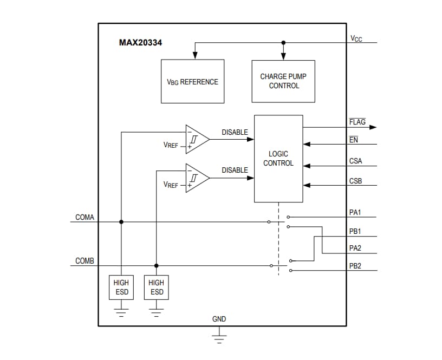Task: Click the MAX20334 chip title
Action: pyautogui.click(x=140, y=42)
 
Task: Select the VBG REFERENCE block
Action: pyautogui.click(x=192, y=82)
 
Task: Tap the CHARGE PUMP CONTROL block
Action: pyautogui.click(x=283, y=81)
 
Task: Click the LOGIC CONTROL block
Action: pyautogui.click(x=278, y=159)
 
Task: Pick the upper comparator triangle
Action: pyautogui.click(x=197, y=139)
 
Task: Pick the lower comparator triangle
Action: pyautogui.click(x=197, y=178)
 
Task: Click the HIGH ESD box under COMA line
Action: pyautogui.click(x=121, y=287)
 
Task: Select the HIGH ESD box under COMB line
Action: pyautogui.click(x=156, y=287)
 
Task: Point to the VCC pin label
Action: pyautogui.click(x=356, y=38)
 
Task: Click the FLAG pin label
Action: pyautogui.click(x=357, y=122)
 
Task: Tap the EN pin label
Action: pyautogui.click(x=354, y=140)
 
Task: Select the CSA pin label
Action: pyautogui.click(x=356, y=161)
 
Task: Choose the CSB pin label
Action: pyautogui.click(x=356, y=181)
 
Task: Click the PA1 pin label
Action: pyautogui.click(x=355, y=212)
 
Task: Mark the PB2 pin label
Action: pyautogui.click(x=355, y=266)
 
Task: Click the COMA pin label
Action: pyautogui.click(x=84, y=217)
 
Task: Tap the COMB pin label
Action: pyautogui.click(x=84, y=261)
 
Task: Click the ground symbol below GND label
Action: pyautogui.click(x=219, y=339)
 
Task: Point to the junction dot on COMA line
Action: pyautogui.click(x=121, y=221)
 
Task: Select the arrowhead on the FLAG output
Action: pyautogui.click(x=372, y=127)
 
